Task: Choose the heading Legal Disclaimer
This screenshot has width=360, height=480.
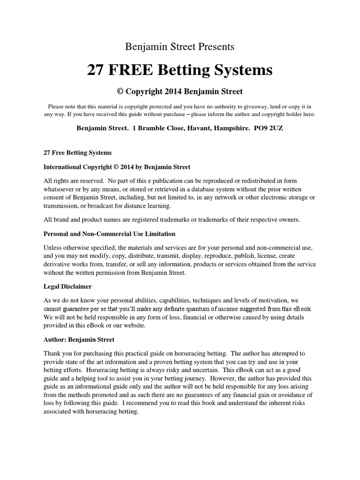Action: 67,286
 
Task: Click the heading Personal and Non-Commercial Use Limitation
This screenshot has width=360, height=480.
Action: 109,233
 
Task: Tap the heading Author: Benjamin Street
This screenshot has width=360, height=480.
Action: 79,339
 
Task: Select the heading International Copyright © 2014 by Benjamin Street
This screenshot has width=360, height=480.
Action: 117,166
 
